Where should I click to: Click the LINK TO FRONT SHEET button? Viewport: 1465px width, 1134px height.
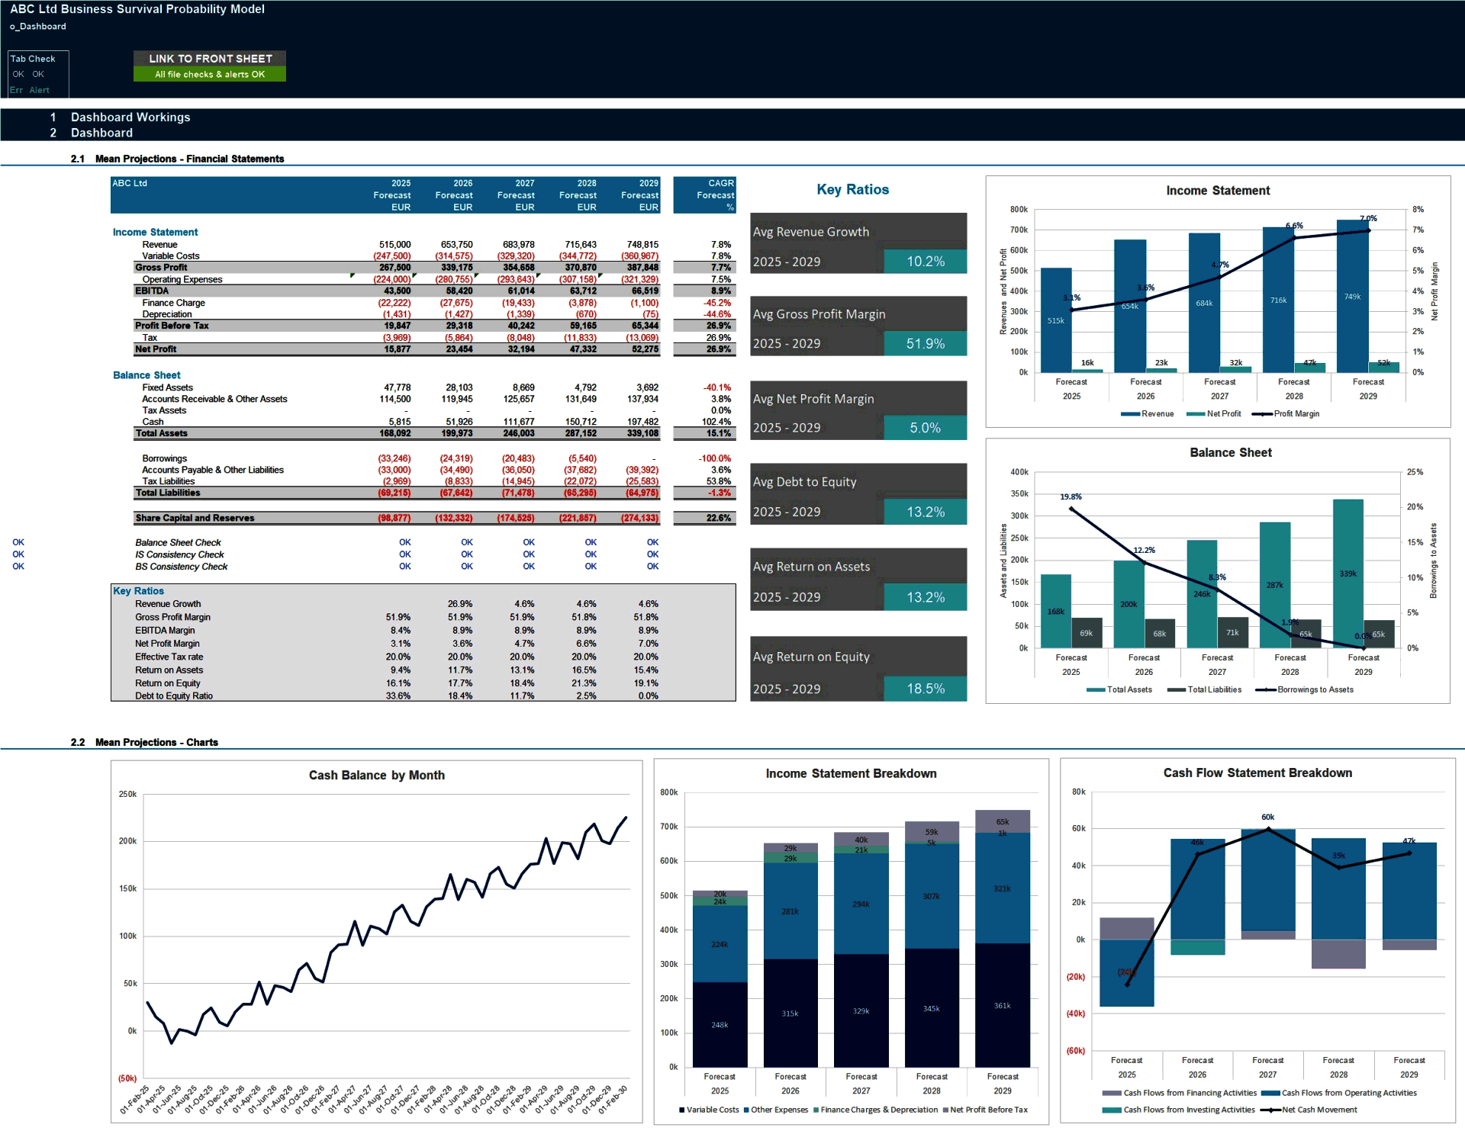(210, 59)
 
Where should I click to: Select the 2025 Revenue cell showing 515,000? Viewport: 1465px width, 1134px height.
(394, 245)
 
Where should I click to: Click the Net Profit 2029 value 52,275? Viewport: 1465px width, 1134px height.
(644, 349)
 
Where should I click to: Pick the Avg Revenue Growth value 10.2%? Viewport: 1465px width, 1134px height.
(925, 262)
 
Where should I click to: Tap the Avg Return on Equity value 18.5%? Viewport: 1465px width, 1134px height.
(925, 689)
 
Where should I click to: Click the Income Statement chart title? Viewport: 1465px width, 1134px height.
(1218, 191)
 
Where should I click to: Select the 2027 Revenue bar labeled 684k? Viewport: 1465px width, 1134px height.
(1204, 303)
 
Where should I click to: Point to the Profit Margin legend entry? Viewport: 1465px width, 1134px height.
(1296, 414)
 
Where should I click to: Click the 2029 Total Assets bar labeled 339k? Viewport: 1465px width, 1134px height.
(1347, 573)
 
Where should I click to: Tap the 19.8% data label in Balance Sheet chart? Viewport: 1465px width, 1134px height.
(1071, 497)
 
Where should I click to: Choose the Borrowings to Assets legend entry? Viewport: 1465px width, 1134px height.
(1315, 690)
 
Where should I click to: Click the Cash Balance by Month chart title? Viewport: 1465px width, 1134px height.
(376, 776)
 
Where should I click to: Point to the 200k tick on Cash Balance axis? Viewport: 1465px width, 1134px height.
(127, 841)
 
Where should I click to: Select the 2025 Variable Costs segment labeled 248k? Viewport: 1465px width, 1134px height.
(720, 1025)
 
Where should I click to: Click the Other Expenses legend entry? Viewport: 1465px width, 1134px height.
(778, 1110)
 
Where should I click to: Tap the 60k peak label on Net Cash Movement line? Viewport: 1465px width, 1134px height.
(1267, 818)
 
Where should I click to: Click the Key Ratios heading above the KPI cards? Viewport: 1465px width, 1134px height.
(852, 190)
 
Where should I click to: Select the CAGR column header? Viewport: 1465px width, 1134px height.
(720, 184)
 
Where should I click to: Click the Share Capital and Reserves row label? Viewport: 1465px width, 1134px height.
(195, 519)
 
